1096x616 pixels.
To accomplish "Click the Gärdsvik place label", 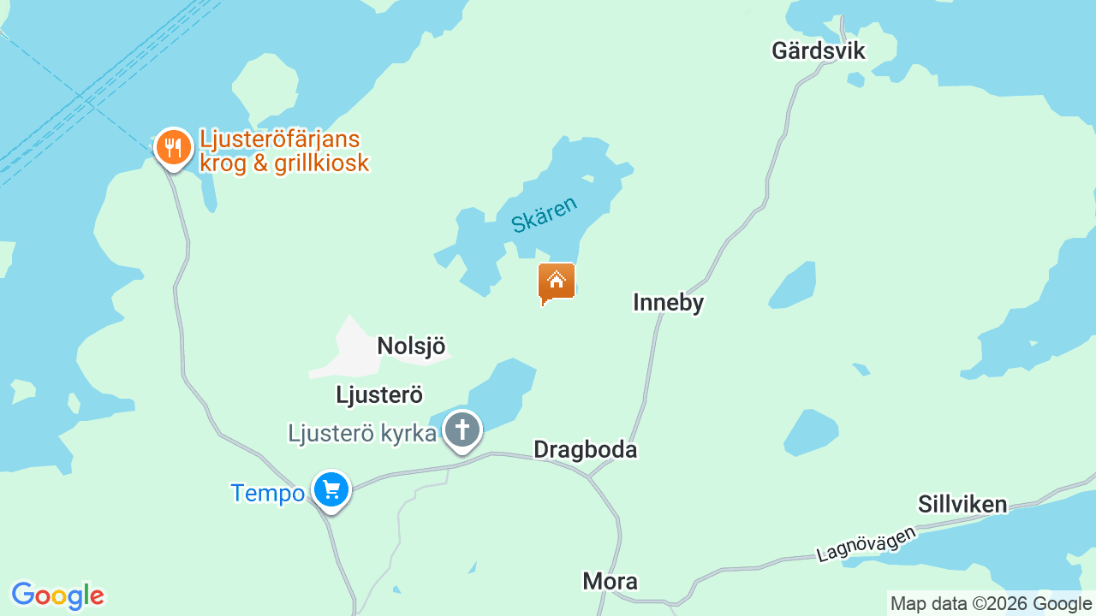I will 818,50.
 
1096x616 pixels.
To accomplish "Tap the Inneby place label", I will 668,302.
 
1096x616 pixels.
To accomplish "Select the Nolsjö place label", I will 411,346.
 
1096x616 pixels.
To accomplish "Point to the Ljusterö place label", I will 379,394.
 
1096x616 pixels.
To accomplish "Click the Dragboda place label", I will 585,450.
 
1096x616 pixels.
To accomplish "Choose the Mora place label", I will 610,582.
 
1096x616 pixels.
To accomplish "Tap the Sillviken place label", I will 962,504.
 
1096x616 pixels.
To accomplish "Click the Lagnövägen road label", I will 866,544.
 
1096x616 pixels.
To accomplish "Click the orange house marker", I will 557,281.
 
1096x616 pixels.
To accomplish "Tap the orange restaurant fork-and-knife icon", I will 174,147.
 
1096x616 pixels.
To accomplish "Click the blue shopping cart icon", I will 331,490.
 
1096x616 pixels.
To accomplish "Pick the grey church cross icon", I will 463,429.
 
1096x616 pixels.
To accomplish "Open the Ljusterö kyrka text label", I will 362,434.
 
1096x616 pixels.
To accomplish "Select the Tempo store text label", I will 267,494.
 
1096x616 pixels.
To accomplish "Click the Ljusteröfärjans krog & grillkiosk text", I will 283,151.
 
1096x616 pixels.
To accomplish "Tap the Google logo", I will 57,595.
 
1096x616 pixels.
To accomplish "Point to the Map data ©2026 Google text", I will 991,604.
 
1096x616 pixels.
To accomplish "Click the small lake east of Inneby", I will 793,286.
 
